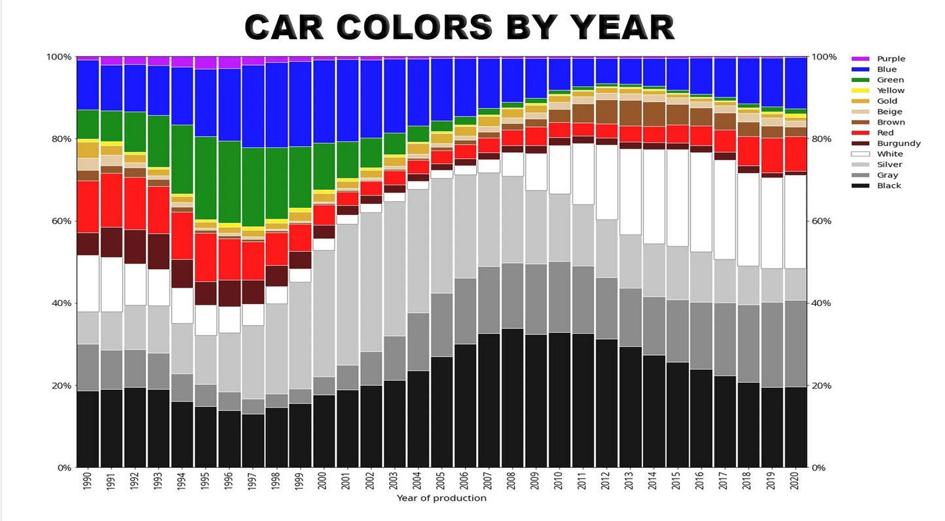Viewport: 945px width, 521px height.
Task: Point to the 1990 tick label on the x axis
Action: (x=88, y=482)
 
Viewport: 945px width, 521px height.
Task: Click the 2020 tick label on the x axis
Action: (x=794, y=482)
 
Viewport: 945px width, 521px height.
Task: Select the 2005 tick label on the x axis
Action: (x=441, y=482)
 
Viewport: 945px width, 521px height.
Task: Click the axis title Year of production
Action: (x=441, y=498)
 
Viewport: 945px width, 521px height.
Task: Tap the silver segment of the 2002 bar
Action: (x=371, y=282)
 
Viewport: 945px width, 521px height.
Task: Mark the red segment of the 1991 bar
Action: (x=111, y=200)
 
